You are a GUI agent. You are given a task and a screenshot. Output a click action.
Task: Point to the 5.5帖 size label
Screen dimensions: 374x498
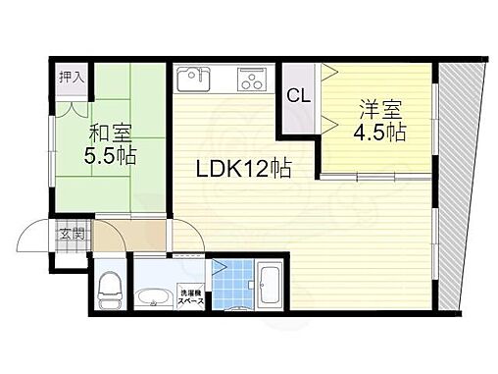[x=110, y=155]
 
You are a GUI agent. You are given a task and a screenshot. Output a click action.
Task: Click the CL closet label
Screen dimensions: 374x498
[x=299, y=95]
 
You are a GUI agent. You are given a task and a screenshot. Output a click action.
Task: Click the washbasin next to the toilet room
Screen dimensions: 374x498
[x=154, y=296]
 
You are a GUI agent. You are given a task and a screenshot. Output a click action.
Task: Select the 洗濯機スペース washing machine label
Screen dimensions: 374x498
[x=191, y=296]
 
